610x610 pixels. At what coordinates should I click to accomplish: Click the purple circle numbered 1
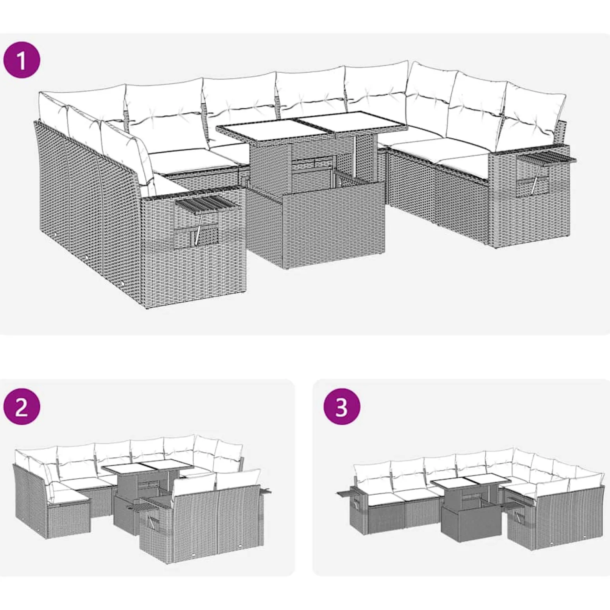pos(22,61)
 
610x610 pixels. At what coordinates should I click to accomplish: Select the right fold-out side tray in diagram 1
pos(547,159)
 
